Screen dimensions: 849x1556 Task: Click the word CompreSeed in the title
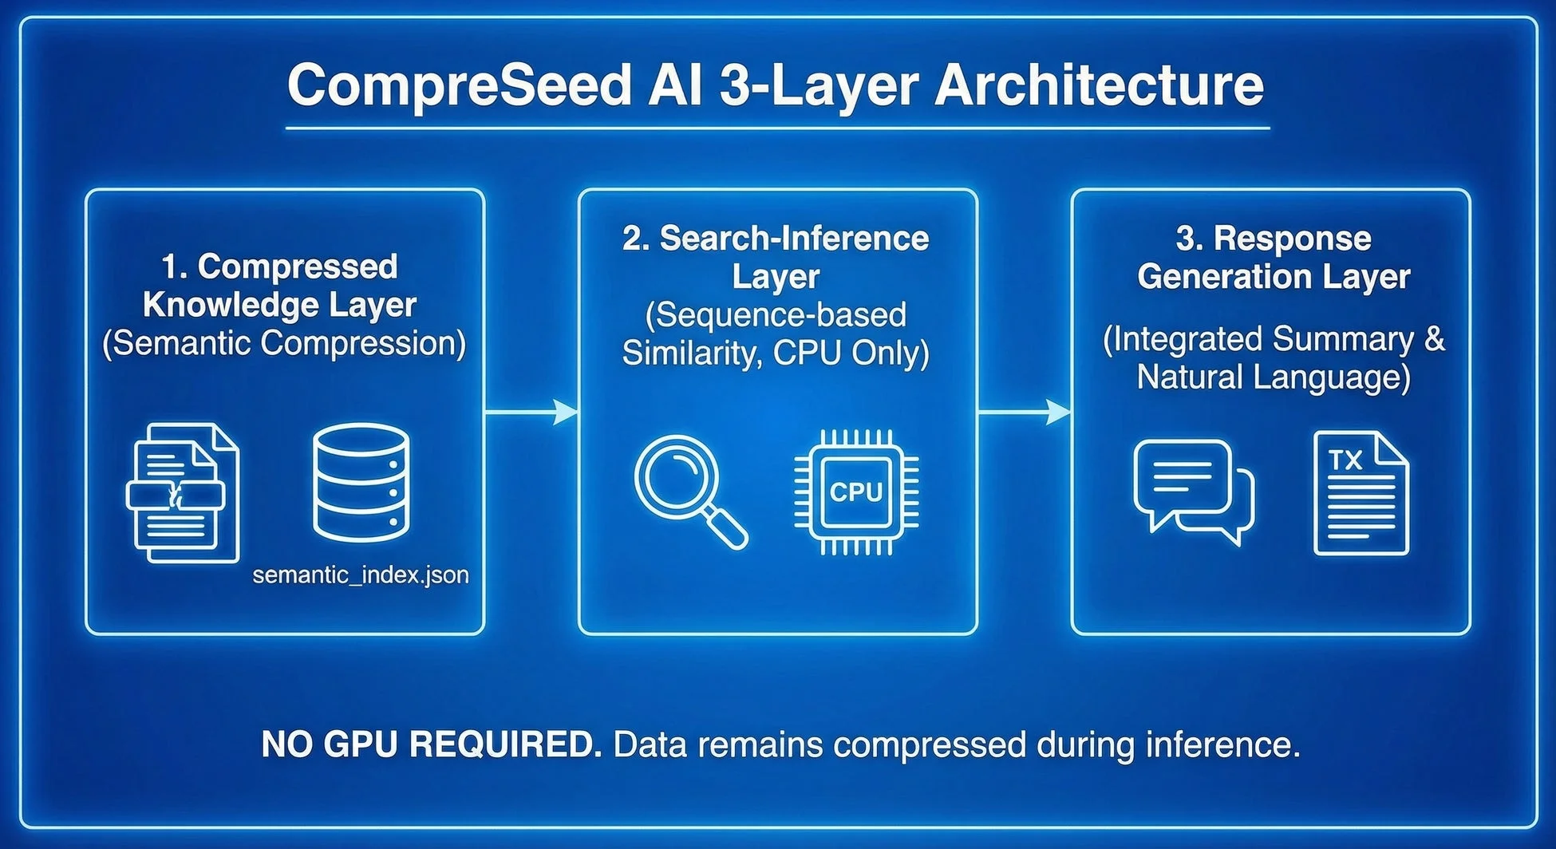pyautogui.click(x=460, y=86)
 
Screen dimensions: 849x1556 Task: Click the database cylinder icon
pyautogui.click(x=361, y=484)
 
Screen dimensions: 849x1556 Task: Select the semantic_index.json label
pyautogui.click(x=361, y=575)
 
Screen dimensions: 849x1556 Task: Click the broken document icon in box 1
pyautogui.click(x=183, y=494)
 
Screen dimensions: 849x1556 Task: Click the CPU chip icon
pyautogui.click(x=856, y=492)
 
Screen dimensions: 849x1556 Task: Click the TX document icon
pyautogui.click(x=1361, y=493)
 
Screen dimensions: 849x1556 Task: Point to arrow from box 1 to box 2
pyautogui.click(x=531, y=413)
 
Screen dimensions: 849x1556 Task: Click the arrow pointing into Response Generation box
pyautogui.click(x=1025, y=413)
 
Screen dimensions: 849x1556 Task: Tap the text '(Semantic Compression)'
pyautogui.click(x=284, y=343)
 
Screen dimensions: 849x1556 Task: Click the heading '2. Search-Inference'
pyautogui.click(x=776, y=239)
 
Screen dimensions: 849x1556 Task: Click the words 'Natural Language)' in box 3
pyautogui.click(x=1274, y=377)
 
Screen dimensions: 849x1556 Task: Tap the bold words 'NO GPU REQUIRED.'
pyautogui.click(x=431, y=744)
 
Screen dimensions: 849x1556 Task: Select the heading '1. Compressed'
pyautogui.click(x=279, y=267)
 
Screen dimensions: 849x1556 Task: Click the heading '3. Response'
pyautogui.click(x=1274, y=239)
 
